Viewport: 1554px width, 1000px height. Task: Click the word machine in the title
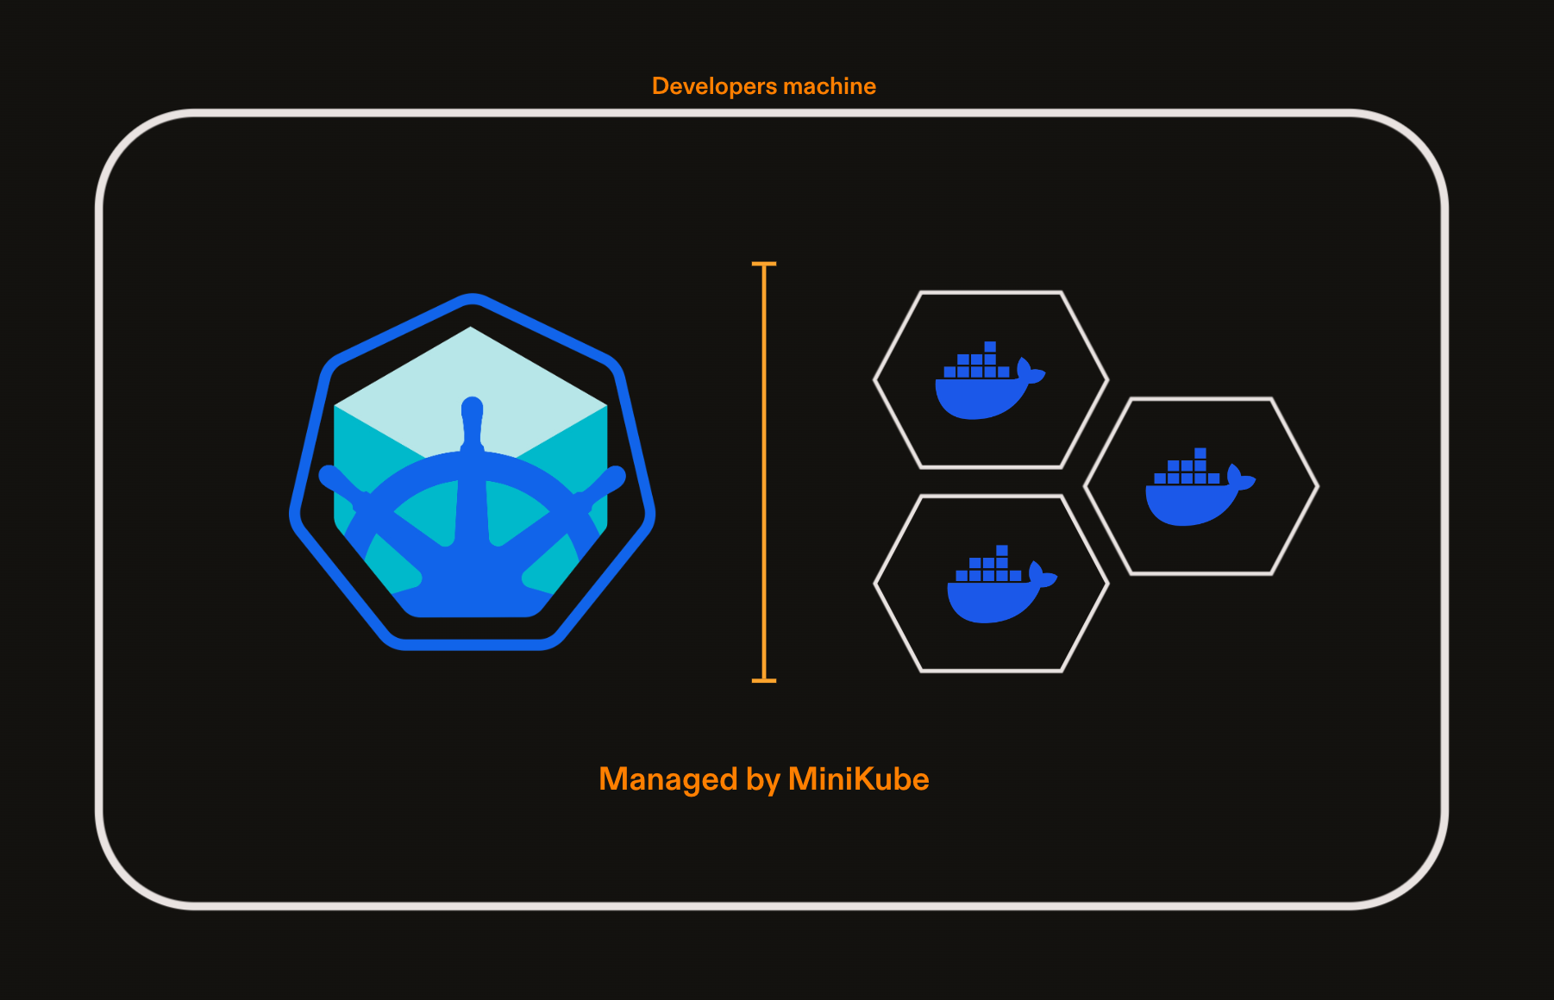tap(830, 86)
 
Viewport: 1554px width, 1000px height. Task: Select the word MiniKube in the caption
tap(858, 778)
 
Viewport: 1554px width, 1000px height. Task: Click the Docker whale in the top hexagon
tap(990, 381)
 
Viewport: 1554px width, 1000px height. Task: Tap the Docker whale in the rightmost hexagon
tap(1200, 487)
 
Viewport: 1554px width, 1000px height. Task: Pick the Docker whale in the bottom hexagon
tap(1002, 584)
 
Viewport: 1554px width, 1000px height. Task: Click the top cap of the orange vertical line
tap(764, 264)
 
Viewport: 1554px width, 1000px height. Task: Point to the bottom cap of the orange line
tap(764, 680)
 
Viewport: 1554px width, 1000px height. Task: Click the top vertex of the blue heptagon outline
tap(472, 297)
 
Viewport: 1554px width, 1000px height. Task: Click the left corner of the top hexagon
tap(875, 379)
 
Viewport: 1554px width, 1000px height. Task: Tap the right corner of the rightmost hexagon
tap(1317, 486)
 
